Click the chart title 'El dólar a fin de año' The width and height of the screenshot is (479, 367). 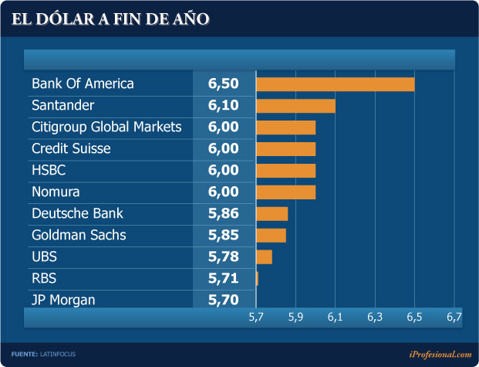pyautogui.click(x=110, y=19)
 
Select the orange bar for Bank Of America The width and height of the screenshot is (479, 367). pyautogui.click(x=335, y=84)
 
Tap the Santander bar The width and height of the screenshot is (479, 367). pyautogui.click(x=295, y=106)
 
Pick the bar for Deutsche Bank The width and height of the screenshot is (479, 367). pyautogui.click(x=272, y=214)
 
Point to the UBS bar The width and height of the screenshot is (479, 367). pyautogui.click(x=264, y=257)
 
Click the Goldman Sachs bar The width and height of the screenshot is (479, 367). pyautogui.click(x=271, y=235)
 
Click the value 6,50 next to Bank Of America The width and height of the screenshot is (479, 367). pyautogui.click(x=224, y=84)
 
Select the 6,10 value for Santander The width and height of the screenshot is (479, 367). pyautogui.click(x=224, y=106)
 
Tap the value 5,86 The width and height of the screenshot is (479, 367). pyautogui.click(x=224, y=214)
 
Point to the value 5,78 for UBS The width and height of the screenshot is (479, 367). pyautogui.click(x=224, y=257)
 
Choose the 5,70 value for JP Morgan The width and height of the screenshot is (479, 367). pyautogui.click(x=224, y=300)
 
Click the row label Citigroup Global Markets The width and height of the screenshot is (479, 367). pyautogui.click(x=106, y=127)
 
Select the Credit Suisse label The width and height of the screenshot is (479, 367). pyautogui.click(x=71, y=148)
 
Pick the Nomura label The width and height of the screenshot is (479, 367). pyautogui.click(x=56, y=192)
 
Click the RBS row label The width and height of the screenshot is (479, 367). pyautogui.click(x=44, y=278)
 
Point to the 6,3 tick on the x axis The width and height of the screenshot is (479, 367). pyautogui.click(x=375, y=318)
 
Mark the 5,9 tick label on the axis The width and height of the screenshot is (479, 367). pyautogui.click(x=295, y=318)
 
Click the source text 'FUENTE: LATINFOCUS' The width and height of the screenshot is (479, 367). pyautogui.click(x=44, y=354)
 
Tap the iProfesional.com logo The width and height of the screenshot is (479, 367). pyautogui.click(x=440, y=354)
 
